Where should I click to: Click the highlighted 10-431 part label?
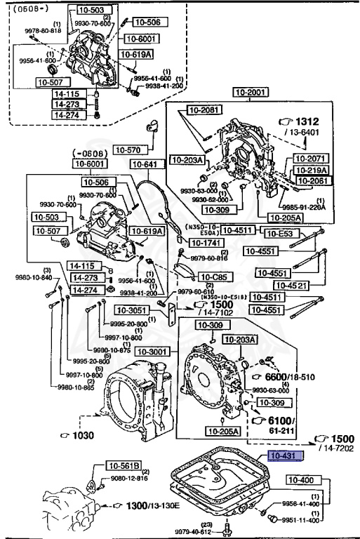(x=283, y=455)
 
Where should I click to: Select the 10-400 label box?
(x=302, y=480)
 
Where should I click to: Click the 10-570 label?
(x=128, y=149)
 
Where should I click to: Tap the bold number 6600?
(x=275, y=376)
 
